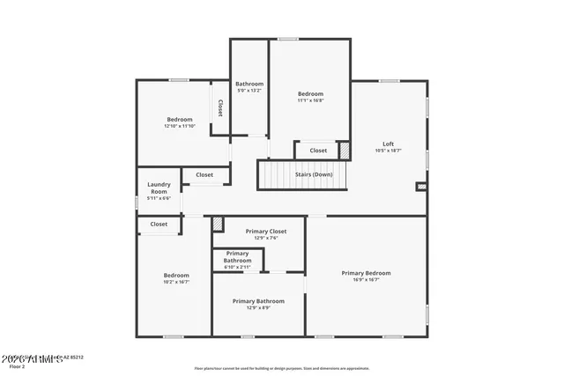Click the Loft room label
[x=388, y=144]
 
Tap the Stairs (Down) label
[x=313, y=174]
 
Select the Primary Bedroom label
[x=366, y=273]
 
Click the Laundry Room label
[x=159, y=188]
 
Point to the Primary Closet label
[x=266, y=231]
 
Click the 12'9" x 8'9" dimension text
[x=257, y=307]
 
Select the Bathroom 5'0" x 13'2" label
[x=249, y=85]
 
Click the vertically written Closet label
[x=219, y=107]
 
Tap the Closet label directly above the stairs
[x=318, y=151]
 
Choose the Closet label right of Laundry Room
[x=204, y=174]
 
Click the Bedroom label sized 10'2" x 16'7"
[x=176, y=276]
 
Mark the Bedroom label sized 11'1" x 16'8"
[x=310, y=94]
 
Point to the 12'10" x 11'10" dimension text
[x=180, y=126]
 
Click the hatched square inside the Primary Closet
[x=219, y=225]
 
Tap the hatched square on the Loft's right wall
[x=421, y=187]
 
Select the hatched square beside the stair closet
[x=345, y=151]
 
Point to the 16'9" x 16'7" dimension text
[x=366, y=279]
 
